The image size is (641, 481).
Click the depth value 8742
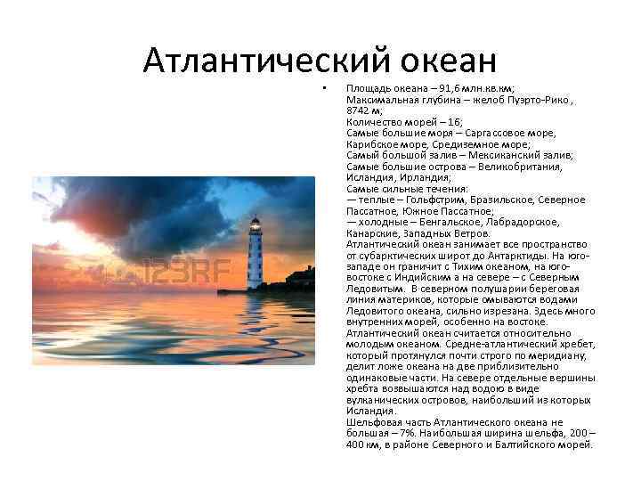358,112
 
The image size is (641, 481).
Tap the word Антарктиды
507,255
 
